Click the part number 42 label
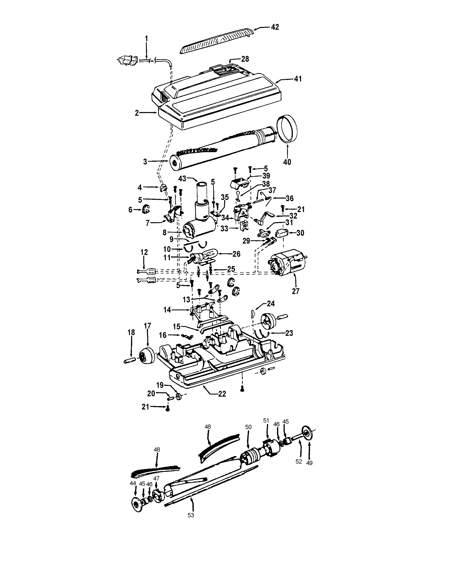point(275,27)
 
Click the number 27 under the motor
point(295,291)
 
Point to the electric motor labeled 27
point(289,262)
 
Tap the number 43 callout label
point(182,179)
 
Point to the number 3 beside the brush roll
point(145,162)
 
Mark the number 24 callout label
point(271,304)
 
